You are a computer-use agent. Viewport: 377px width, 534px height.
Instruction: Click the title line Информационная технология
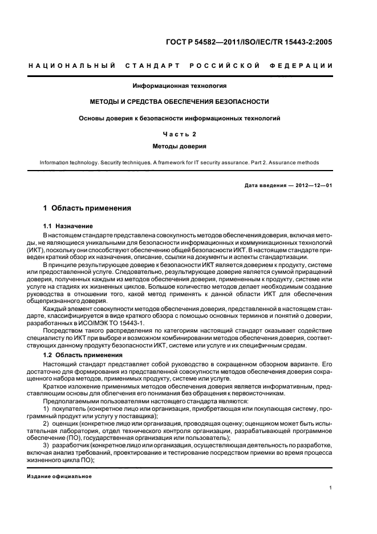coord(180,86)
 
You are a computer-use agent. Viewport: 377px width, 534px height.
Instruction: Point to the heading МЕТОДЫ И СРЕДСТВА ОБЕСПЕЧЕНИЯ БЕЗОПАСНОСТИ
coord(180,102)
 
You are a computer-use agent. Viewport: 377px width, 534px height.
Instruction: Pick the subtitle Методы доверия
coord(180,146)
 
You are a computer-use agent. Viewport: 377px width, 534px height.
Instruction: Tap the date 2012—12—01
coord(313,185)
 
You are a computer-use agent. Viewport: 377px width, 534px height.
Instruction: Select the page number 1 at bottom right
coord(331,488)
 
